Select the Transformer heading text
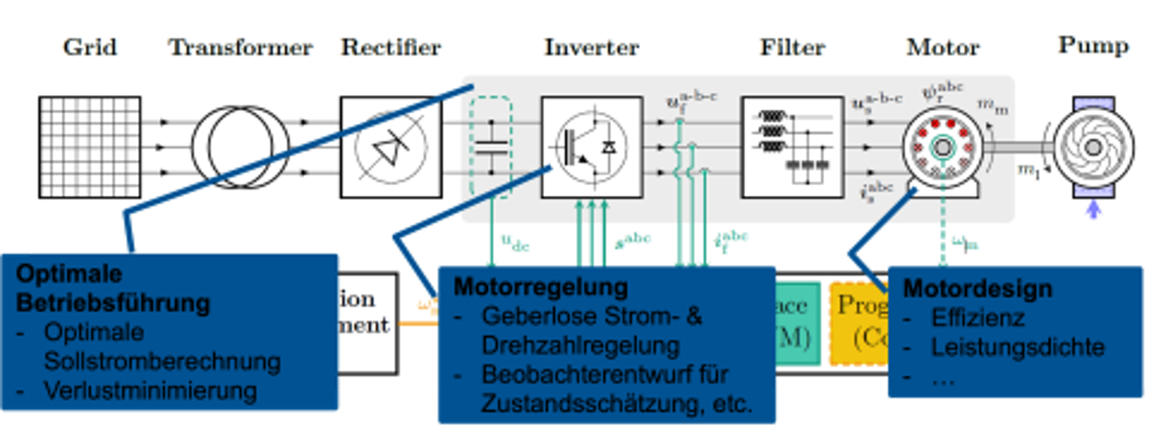pyautogui.click(x=241, y=48)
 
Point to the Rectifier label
pyautogui.click(x=390, y=48)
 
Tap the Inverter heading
pyautogui.click(x=592, y=48)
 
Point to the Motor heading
pyautogui.click(x=943, y=47)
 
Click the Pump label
pyautogui.click(x=1092, y=45)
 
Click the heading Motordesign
pyautogui.click(x=977, y=289)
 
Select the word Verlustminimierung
pyautogui.click(x=150, y=391)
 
